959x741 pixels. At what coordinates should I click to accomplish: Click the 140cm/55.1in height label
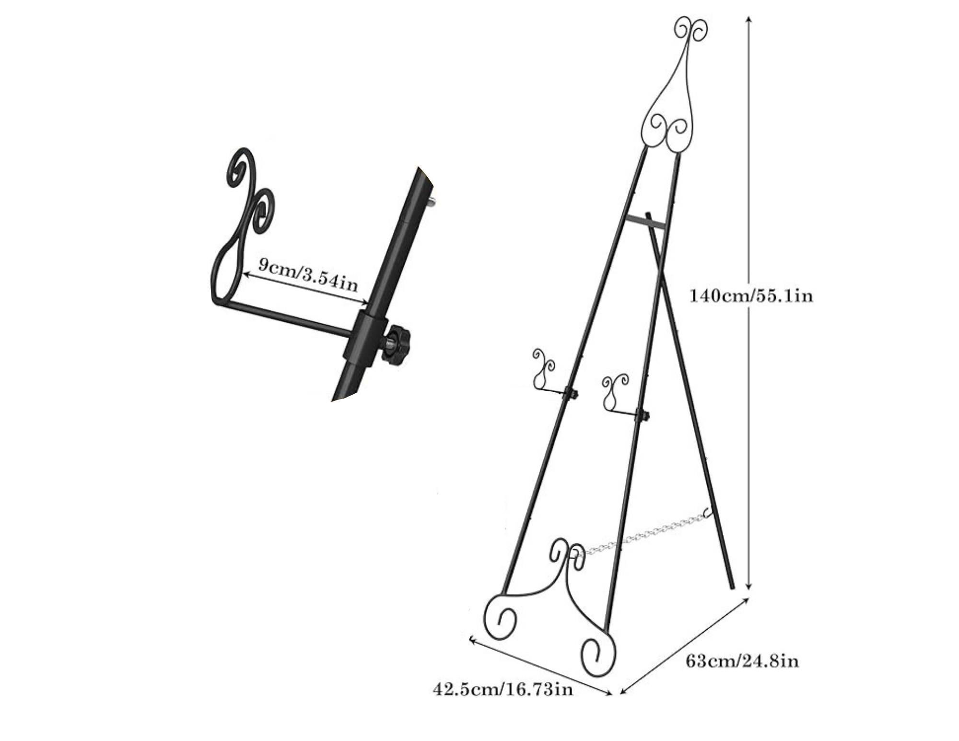(751, 295)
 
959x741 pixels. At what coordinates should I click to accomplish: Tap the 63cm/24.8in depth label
(742, 661)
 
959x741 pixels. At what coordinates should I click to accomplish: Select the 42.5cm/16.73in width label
(503, 690)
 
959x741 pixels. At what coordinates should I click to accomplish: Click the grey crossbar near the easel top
(645, 222)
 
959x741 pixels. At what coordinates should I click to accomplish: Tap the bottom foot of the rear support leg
(731, 586)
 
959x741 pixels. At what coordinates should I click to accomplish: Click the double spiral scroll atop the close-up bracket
(249, 192)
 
